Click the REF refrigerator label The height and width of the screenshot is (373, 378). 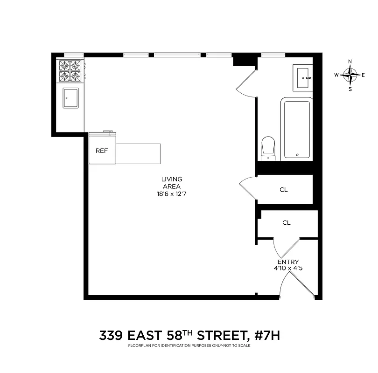tap(102, 151)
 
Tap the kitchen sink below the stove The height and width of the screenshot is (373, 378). tap(71, 97)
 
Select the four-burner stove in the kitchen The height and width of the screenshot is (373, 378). tap(70, 70)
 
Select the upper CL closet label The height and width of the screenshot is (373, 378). tap(284, 190)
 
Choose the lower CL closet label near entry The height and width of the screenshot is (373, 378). tap(286, 223)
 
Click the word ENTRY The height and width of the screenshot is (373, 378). tap(288, 262)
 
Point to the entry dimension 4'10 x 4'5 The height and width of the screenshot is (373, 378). tap(288, 269)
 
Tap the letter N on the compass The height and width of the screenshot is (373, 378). tap(350, 62)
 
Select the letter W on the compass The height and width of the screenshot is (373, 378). tap(336, 75)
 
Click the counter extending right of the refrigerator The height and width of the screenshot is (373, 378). tap(138, 153)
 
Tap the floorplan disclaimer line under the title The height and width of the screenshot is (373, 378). tap(189, 345)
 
